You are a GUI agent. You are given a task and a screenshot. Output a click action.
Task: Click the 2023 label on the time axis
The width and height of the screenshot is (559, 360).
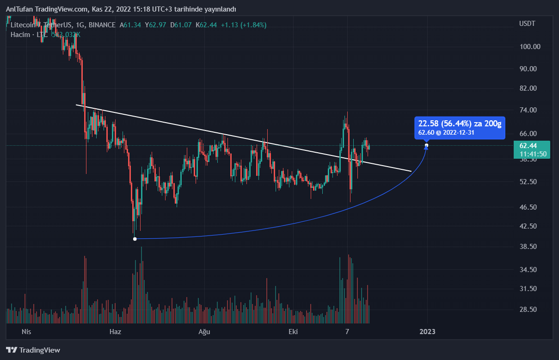pos(427,332)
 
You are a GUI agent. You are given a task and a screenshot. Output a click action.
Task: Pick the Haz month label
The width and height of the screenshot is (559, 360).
pos(115,332)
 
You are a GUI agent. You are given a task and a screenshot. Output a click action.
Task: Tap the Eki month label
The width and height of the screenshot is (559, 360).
pos(293,332)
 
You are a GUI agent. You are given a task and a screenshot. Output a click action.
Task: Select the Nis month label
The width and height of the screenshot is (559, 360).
pos(26,332)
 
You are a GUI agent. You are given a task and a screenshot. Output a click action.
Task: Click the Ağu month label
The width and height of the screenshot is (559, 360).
pos(204,332)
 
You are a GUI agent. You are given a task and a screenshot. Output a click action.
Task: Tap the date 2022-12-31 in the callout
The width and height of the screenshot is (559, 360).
pos(459,133)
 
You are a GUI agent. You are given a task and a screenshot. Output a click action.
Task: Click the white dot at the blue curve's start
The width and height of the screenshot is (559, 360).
pos(135,239)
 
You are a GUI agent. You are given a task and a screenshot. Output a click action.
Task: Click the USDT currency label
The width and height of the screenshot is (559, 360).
pos(527,24)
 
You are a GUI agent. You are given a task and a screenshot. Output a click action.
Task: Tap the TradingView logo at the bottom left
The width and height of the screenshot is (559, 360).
pos(33,350)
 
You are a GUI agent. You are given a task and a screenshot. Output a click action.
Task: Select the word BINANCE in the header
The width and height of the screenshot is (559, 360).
pos(102,25)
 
